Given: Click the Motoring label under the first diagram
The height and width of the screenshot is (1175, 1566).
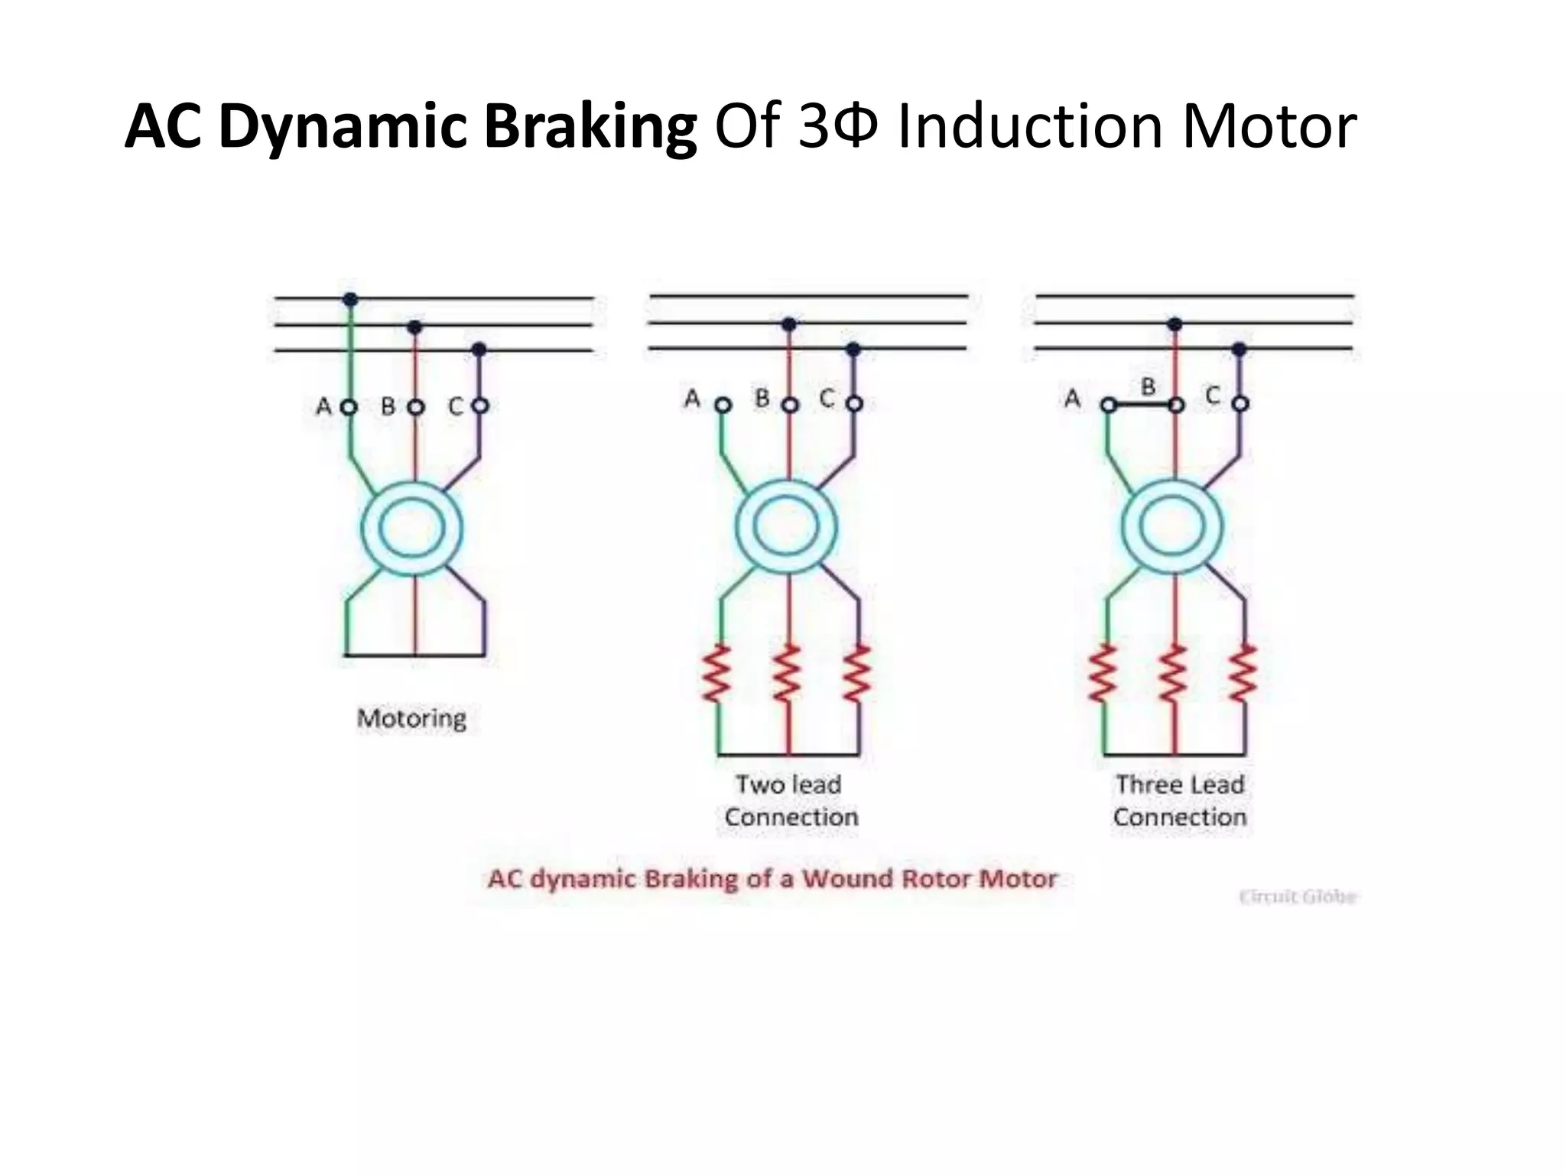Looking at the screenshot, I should pos(411,718).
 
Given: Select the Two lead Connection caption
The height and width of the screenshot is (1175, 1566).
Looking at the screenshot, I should pos(791,801).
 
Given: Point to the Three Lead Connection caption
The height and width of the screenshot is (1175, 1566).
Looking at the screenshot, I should pos(1179,801).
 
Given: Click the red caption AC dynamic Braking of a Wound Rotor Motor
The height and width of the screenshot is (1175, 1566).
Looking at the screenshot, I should pos(772,878).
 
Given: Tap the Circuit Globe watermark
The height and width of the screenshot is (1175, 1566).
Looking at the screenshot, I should pos(1298,897).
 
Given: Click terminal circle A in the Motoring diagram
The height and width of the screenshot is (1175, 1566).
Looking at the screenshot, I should pos(349,407).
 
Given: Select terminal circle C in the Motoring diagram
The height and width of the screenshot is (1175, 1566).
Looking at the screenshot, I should pos(479,405).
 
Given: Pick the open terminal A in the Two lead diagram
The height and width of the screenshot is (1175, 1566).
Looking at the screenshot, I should pos(723,405).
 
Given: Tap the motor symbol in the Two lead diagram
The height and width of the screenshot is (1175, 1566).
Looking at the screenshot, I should pos(787,526).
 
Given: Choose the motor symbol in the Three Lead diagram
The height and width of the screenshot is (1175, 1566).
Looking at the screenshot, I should pos(1172,526).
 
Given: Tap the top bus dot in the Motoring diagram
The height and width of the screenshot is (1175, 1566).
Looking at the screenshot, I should pos(350,299).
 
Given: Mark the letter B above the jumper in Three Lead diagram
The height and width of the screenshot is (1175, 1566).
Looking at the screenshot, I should pos(1148,386).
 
